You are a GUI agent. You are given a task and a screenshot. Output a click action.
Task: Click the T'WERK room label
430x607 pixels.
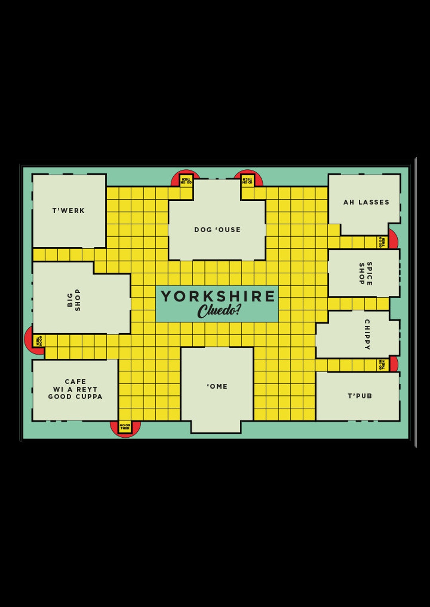68,210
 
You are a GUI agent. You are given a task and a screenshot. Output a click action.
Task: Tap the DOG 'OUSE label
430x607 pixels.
217,230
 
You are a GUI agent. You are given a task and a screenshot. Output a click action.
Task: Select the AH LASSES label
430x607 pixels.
366,202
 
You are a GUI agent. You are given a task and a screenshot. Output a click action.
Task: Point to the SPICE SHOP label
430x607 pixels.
365,273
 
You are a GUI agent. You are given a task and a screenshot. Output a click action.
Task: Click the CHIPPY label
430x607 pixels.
367,334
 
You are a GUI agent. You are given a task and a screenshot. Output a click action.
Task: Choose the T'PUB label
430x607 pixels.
360,396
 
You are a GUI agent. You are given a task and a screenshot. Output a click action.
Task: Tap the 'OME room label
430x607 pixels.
217,386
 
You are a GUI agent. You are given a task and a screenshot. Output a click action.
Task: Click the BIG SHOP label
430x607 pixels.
74,300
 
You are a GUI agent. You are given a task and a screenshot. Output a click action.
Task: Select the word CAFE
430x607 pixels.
75,381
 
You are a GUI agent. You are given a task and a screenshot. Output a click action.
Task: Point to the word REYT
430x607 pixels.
87,389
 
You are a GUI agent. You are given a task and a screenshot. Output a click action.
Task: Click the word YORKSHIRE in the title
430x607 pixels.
218,296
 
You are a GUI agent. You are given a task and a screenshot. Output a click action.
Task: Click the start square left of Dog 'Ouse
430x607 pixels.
186,181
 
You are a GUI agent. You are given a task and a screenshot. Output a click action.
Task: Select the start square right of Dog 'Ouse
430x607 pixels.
247,181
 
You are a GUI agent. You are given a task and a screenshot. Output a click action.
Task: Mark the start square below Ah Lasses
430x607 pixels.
382,242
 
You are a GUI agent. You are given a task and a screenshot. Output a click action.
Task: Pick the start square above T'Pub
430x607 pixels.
382,365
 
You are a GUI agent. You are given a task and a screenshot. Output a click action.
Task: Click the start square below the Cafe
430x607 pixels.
125,427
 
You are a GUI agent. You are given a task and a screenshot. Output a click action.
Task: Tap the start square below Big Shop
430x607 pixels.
39,341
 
